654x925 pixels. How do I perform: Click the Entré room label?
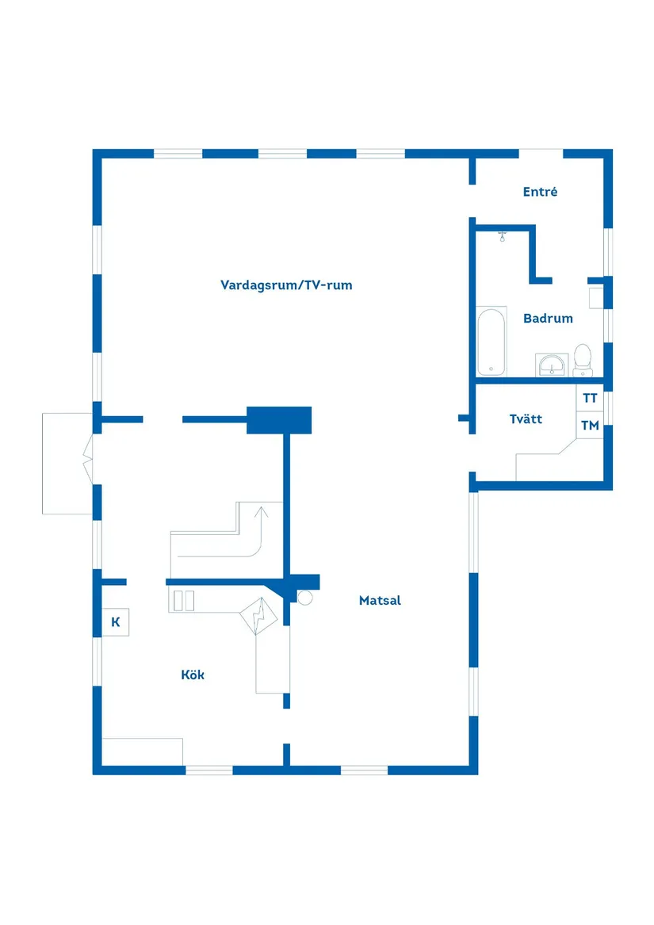(540, 191)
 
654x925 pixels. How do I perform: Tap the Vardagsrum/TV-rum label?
(286, 285)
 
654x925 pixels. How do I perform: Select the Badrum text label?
(548, 319)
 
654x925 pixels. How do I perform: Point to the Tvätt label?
(526, 419)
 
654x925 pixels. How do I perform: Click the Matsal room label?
(380, 601)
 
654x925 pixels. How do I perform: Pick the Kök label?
(193, 675)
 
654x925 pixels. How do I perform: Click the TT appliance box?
(590, 398)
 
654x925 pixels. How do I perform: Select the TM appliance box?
(590, 426)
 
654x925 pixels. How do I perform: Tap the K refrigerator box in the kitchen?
(116, 621)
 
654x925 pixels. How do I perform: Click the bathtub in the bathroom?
(491, 342)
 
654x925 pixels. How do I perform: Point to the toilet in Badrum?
(583, 361)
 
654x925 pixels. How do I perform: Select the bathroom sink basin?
(552, 365)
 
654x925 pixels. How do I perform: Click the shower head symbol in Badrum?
(503, 236)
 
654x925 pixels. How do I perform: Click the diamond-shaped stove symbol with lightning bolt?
(258, 616)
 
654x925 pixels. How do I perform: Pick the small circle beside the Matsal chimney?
(304, 598)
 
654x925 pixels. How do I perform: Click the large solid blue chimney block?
(278, 420)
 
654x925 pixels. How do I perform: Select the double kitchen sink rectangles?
(184, 601)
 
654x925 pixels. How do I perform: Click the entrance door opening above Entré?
(541, 154)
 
